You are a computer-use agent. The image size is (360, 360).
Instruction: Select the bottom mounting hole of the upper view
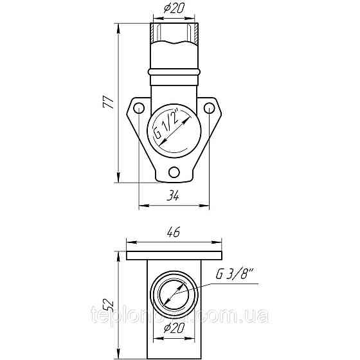(174, 172)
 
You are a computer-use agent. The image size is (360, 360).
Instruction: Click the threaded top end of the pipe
(174, 30)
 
